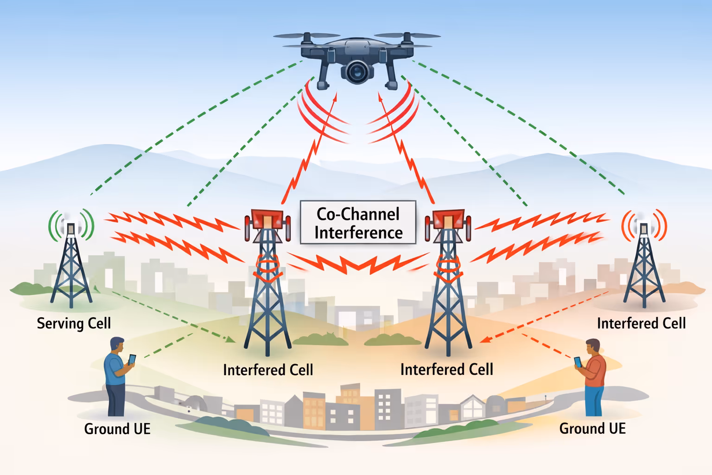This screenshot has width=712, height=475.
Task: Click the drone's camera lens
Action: (357, 71)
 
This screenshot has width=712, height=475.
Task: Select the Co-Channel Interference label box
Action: (358, 223)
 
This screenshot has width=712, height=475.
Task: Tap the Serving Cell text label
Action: (74, 323)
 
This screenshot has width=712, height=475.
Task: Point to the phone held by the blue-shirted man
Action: (132, 359)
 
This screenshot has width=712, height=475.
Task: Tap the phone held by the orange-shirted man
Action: (578, 362)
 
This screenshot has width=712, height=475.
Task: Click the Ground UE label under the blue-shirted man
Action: (117, 429)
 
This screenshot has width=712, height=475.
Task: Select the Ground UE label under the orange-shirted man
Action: (592, 428)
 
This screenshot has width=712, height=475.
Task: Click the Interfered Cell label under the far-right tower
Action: (641, 323)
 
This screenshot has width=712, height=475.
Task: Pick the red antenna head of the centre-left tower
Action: (267, 219)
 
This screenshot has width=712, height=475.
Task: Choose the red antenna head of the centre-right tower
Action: (448, 219)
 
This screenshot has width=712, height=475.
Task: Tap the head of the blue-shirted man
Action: (117, 345)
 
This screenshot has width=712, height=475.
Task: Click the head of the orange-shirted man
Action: (593, 347)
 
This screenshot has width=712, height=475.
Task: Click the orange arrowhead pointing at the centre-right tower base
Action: (483, 340)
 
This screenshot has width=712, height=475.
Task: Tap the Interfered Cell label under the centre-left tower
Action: (268, 370)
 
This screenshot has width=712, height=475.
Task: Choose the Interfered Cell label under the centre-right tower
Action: (446, 369)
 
